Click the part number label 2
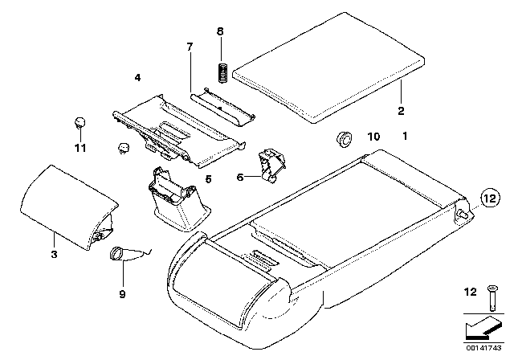401,110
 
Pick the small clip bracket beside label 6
273,164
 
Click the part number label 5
208,179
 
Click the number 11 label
79,149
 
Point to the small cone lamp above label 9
117,253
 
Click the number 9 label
122,295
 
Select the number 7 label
190,47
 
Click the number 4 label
137,77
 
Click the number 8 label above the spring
221,31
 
